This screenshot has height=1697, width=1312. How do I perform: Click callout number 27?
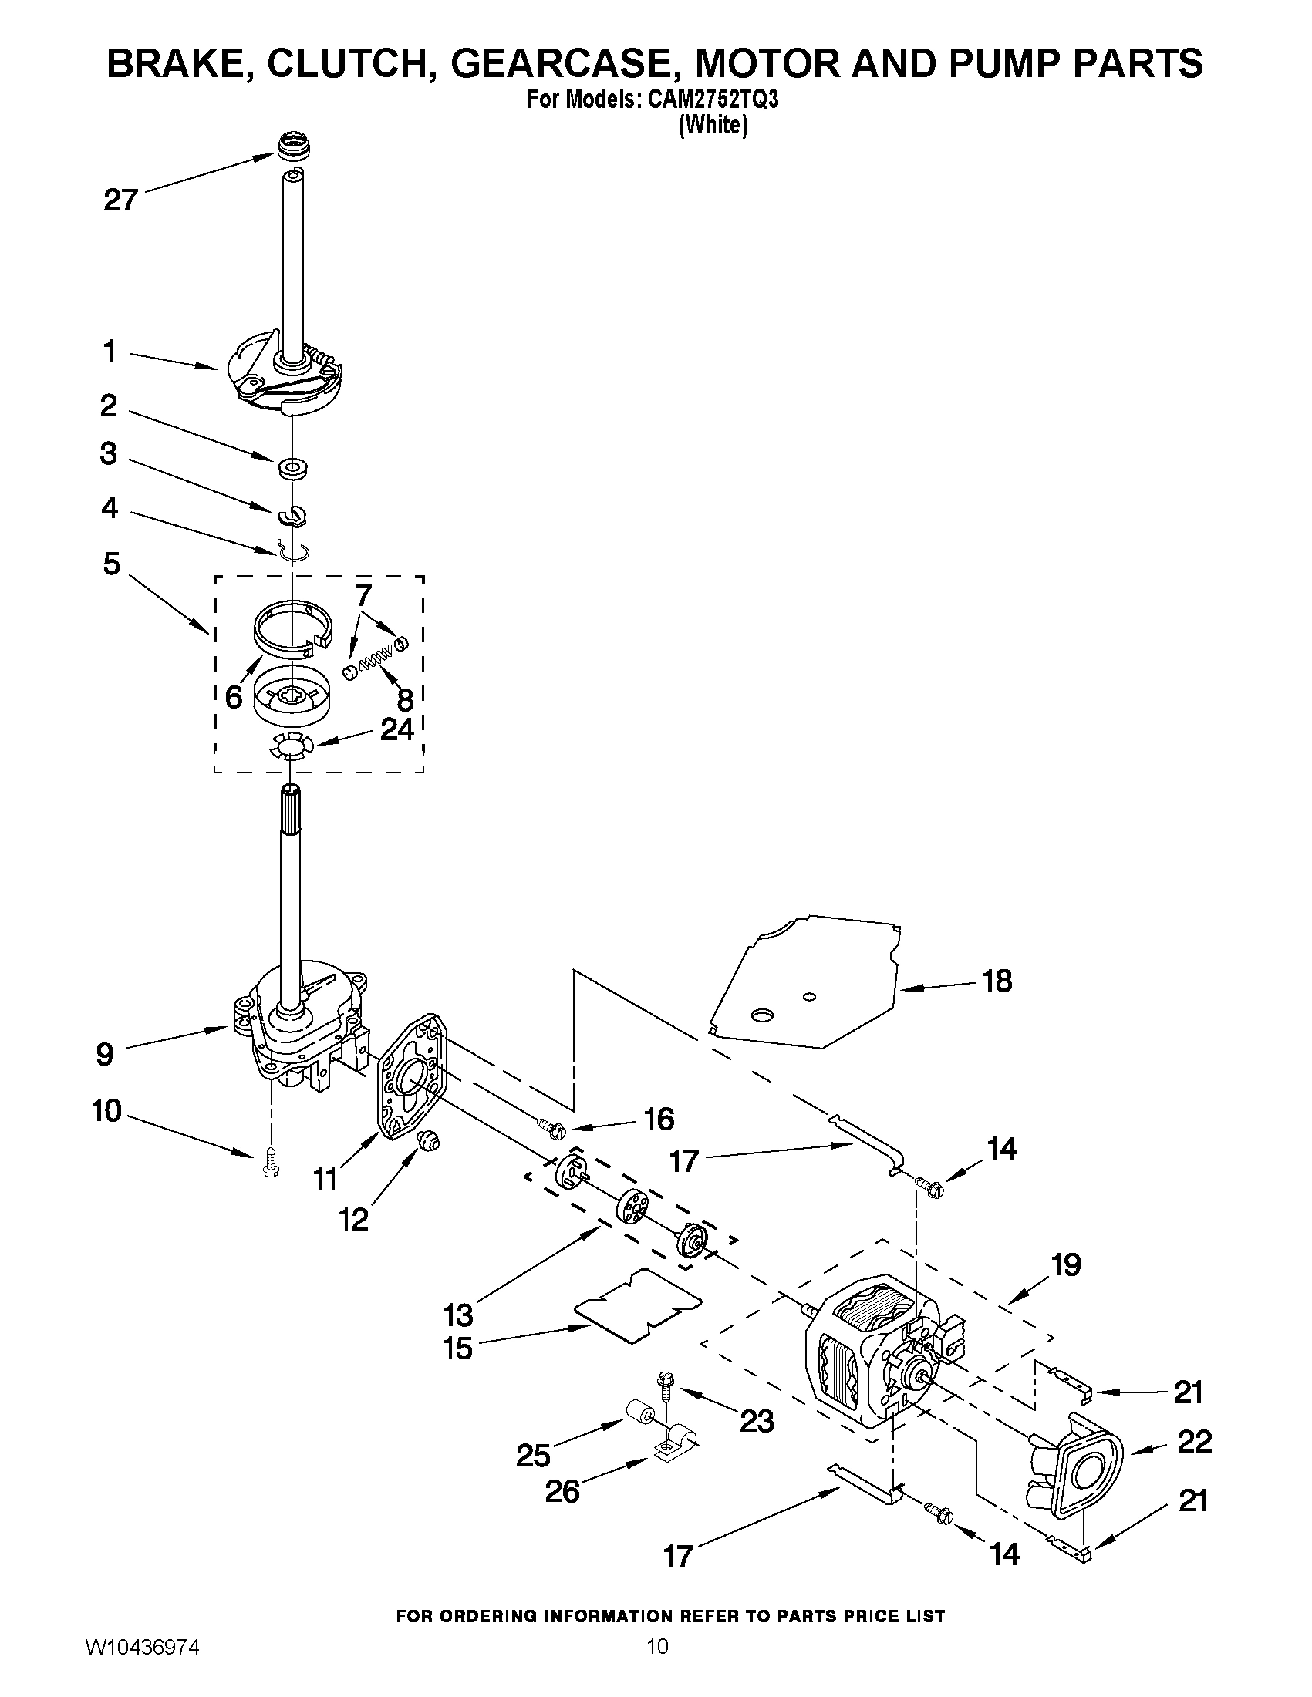[120, 201]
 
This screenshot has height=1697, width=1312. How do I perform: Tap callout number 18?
[997, 981]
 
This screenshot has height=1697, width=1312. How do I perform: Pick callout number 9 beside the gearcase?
[105, 1054]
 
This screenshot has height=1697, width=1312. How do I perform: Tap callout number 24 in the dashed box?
[396, 729]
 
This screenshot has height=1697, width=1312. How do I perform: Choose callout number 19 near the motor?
[1066, 1265]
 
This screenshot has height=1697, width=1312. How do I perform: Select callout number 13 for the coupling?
[459, 1315]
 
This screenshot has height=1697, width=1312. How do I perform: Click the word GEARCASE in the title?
[565, 63]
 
